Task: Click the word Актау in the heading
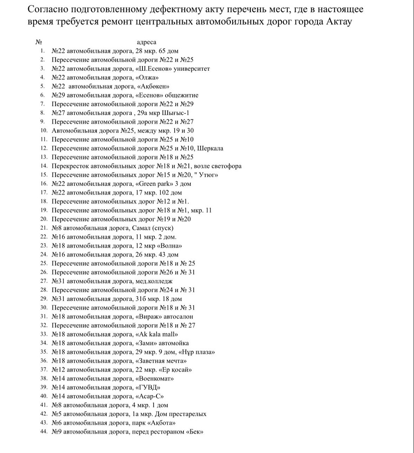pos(337,22)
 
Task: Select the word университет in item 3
pos(192,69)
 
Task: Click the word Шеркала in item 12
pos(210,148)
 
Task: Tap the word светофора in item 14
pos(223,166)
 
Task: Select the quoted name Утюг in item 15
pos(208,175)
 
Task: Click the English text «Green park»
pos(156,183)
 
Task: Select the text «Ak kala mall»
pos(157,334)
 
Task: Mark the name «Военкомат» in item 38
pos(155,378)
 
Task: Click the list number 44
pos(43,431)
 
